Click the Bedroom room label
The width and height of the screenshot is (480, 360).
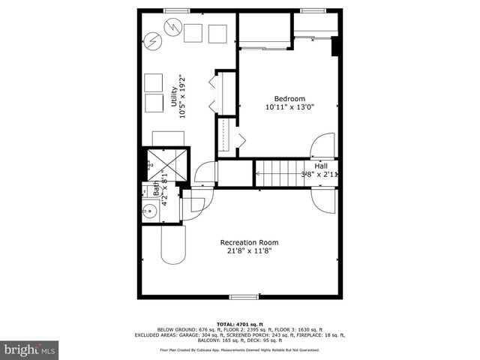click(289, 99)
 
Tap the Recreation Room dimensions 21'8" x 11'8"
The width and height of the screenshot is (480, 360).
click(249, 252)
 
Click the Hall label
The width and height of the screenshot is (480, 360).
click(320, 166)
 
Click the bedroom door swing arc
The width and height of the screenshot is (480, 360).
click(324, 145)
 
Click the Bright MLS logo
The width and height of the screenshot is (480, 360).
click(30, 349)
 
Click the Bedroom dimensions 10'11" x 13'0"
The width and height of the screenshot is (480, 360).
click(289, 107)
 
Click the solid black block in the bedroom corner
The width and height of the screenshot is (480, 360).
click(335, 46)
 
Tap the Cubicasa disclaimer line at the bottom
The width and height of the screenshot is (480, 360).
click(239, 349)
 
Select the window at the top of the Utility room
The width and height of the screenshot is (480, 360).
click(177, 9)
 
